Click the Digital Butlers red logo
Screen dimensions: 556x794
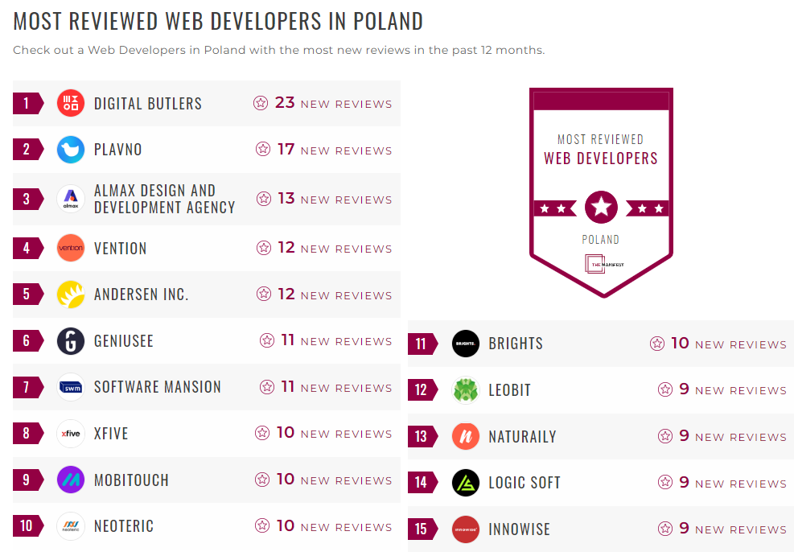[71, 103]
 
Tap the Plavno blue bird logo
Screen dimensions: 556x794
[71, 150]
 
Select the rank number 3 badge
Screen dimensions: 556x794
[27, 199]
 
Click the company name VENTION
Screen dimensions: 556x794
[121, 248]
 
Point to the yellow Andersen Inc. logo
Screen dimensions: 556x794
[71, 294]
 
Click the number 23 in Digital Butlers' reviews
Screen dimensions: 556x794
[285, 102]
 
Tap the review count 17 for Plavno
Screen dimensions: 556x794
[286, 149]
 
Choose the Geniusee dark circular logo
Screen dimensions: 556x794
[71, 341]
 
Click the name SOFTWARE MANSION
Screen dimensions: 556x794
[158, 387]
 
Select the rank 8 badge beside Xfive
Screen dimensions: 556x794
[27, 434]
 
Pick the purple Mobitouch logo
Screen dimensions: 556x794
[71, 480]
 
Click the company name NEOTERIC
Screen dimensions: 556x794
[124, 526]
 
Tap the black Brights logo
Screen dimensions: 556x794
[466, 344]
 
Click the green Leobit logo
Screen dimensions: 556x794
[466, 390]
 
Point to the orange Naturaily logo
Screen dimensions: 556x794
[466, 437]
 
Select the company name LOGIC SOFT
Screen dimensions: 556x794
[525, 483]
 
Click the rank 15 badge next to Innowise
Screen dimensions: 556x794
[421, 529]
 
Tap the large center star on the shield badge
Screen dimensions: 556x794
[601, 208]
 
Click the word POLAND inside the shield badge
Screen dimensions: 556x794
[601, 240]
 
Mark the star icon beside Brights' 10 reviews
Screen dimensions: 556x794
[657, 344]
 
